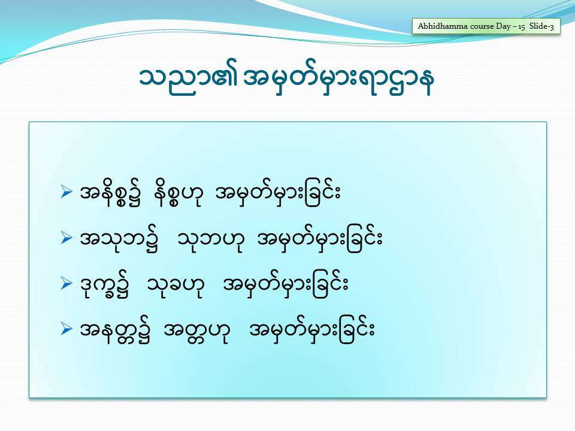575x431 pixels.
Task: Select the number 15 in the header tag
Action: [522, 27]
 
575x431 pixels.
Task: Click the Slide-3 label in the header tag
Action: [541, 26]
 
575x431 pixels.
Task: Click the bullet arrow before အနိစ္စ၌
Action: [66, 192]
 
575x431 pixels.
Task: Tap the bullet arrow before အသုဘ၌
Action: [66, 238]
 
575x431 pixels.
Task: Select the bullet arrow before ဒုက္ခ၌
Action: [66, 283]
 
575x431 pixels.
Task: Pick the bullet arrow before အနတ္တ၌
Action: [66, 329]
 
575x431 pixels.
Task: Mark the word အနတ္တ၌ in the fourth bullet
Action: [115, 332]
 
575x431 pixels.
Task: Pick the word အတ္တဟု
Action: [196, 332]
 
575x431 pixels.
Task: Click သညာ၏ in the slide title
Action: [189, 80]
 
